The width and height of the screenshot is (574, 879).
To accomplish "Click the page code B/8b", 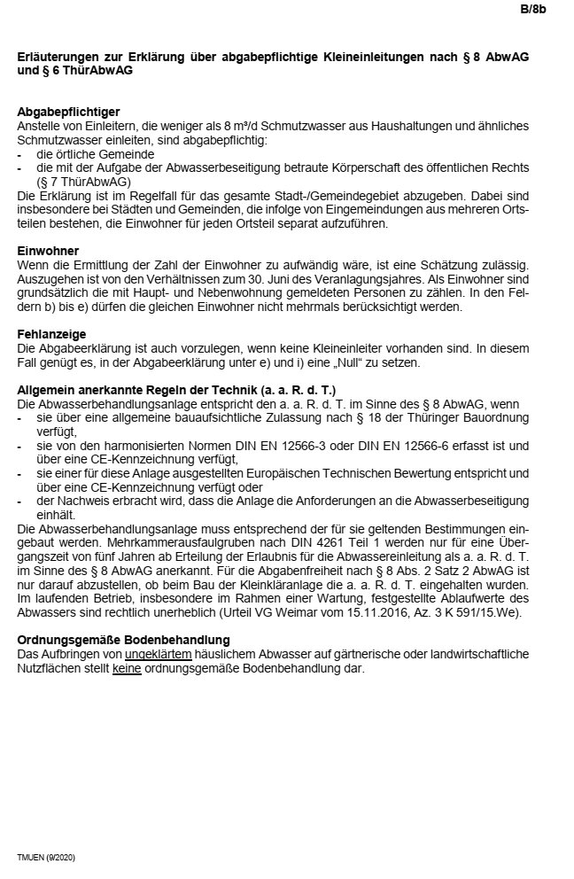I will pyautogui.click(x=533, y=11).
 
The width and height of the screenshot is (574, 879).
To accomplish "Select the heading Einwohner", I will pyautogui.click(x=48, y=251).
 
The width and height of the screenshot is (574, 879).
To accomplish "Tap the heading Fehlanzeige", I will pyautogui.click(x=52, y=334).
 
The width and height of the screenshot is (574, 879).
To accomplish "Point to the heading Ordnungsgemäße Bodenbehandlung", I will pyautogui.click(x=123, y=639).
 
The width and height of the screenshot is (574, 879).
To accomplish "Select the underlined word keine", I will pyautogui.click(x=128, y=667).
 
